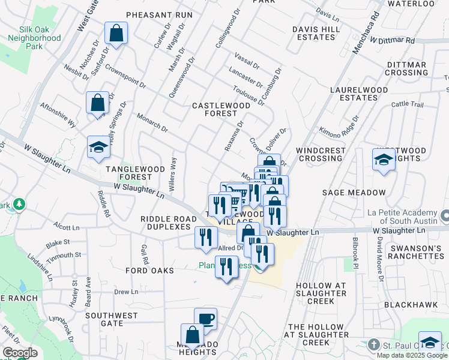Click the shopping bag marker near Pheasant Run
[116, 34]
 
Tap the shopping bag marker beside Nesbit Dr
[97, 103]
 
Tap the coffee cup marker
[205, 319]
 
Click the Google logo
[19, 353]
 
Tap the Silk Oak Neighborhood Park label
[34, 38]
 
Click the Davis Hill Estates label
[313, 33]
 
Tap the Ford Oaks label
[149, 271]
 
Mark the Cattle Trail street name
[407, 104]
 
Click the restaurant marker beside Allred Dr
[206, 238]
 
